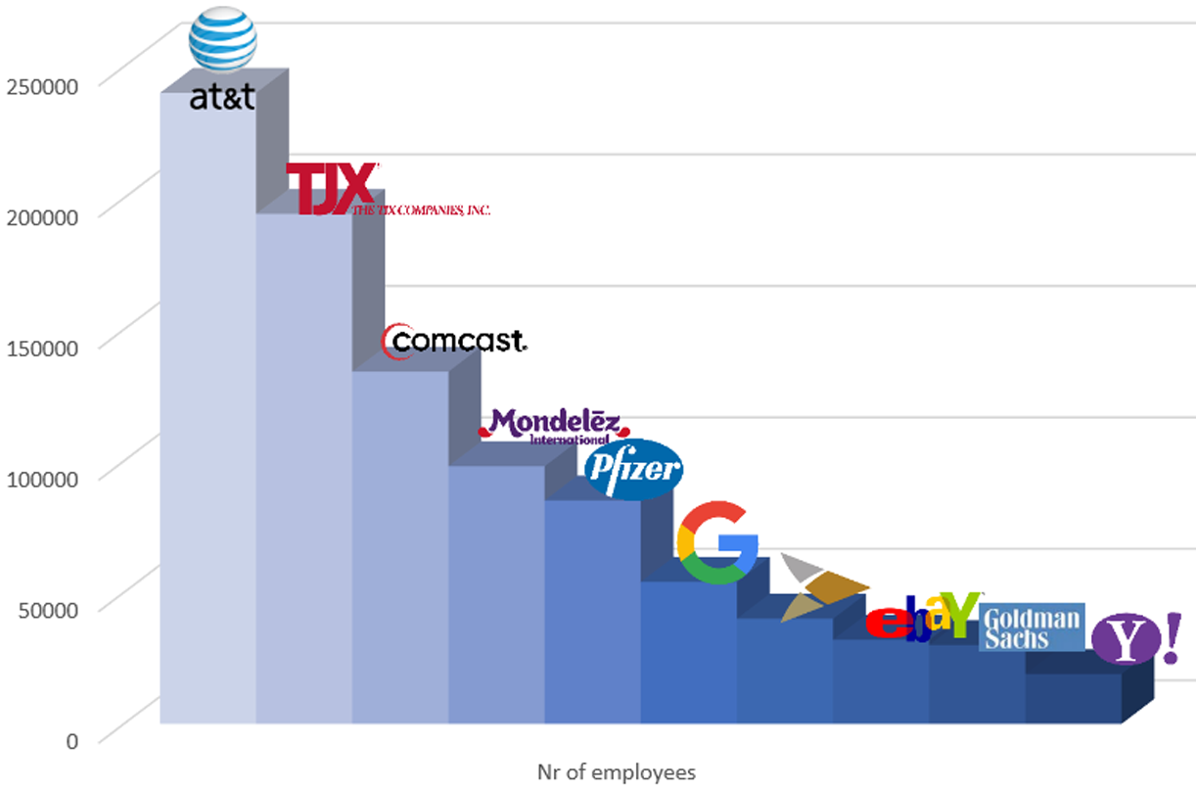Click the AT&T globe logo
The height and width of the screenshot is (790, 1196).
pos(223,39)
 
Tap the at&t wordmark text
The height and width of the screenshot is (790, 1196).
pos(222,98)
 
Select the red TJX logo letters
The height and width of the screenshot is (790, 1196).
pos(330,188)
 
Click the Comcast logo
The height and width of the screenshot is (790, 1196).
pos(454,341)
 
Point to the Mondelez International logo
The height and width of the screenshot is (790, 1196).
pos(554,425)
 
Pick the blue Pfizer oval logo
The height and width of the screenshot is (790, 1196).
pos(633,470)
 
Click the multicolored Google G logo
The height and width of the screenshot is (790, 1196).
pos(716,542)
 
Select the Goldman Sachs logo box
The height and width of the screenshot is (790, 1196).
pos(1032,627)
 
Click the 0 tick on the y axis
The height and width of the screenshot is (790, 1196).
pos(71,741)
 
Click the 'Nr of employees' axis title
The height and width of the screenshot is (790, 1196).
pos(617,772)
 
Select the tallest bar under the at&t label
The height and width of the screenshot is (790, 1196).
pos(207,411)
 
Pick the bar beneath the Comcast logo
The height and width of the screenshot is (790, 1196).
pos(399,548)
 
